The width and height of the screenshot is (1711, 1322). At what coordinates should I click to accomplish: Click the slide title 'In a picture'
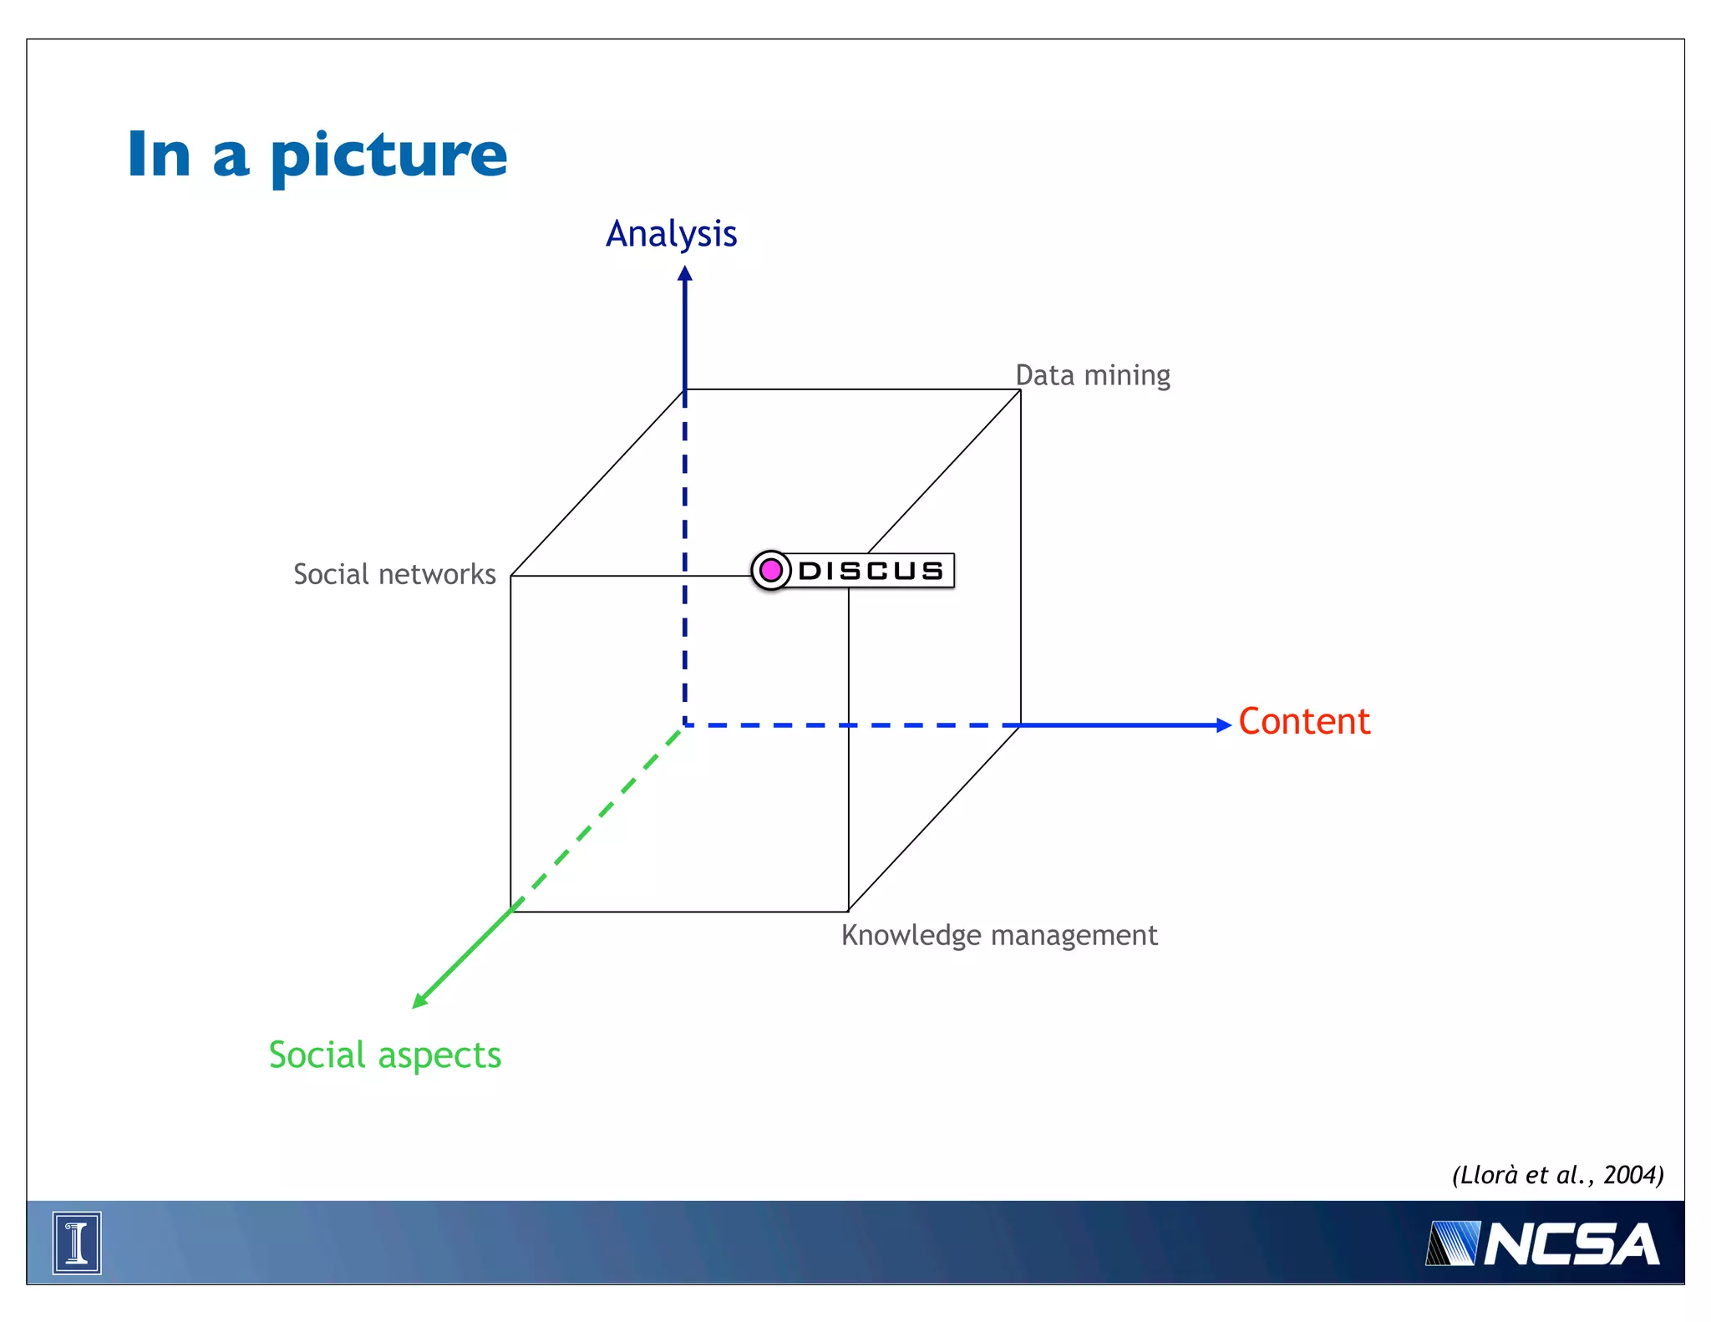[317, 155]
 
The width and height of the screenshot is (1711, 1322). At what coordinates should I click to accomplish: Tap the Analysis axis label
[671, 234]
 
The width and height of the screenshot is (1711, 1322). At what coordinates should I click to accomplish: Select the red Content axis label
[1303, 721]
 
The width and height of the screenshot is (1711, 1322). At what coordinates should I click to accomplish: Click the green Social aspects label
[385, 1055]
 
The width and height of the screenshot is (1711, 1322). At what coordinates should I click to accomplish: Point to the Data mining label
[1092, 375]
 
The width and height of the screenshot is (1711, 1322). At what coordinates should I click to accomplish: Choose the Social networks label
[394, 574]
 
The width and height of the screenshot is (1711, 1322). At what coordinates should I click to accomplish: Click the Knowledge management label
[999, 935]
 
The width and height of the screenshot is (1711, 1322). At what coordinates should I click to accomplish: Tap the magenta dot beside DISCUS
[770, 571]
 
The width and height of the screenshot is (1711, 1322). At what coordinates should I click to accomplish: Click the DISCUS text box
[871, 571]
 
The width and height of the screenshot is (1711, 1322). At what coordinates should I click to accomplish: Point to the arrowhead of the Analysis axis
[685, 273]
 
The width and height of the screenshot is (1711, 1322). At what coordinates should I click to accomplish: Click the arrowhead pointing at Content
[1224, 725]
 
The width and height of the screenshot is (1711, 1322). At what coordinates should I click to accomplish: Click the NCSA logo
[1542, 1244]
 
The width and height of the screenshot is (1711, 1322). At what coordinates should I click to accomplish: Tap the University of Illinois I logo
[77, 1243]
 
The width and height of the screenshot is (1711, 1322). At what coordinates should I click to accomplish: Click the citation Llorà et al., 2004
[1557, 1175]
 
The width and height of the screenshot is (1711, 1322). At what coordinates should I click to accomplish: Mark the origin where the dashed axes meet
[685, 725]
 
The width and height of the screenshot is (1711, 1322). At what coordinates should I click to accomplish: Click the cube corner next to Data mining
[1020, 389]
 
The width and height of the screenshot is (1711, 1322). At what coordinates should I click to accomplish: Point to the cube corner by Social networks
[511, 576]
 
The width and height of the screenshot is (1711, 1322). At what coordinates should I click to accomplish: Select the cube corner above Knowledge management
[848, 911]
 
